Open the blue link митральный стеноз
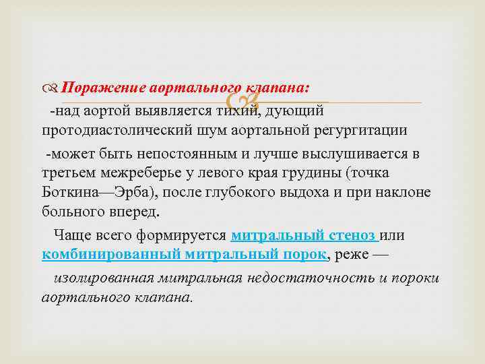[x=304, y=235]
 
